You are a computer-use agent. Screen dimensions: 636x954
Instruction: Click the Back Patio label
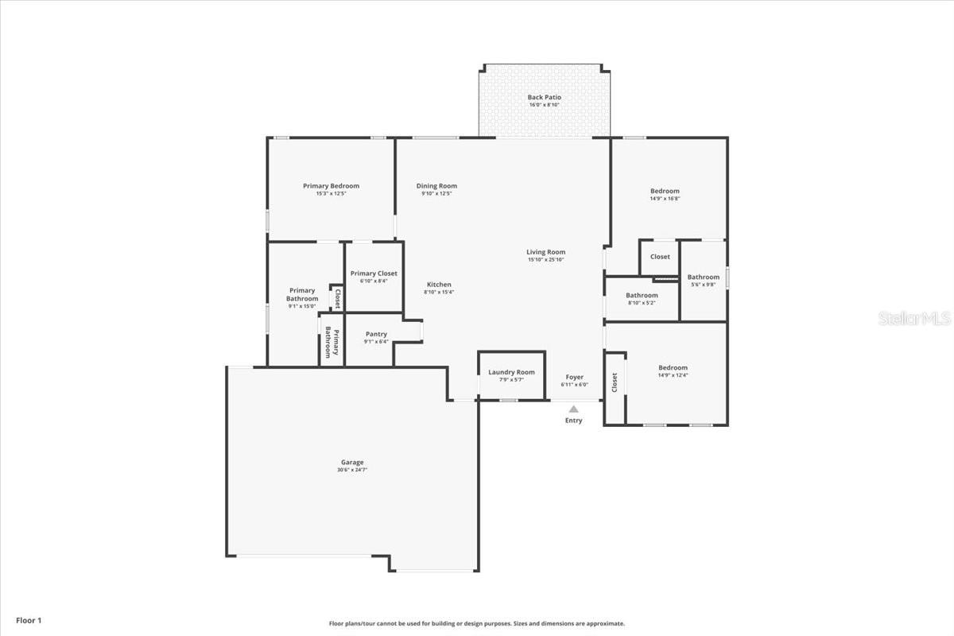pyautogui.click(x=544, y=97)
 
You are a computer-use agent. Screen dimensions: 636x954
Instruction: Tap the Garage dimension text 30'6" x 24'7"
pyautogui.click(x=351, y=470)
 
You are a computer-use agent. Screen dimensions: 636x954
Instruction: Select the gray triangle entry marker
pyautogui.click(x=573, y=409)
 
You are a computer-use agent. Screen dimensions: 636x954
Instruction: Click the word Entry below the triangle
pyautogui.click(x=573, y=421)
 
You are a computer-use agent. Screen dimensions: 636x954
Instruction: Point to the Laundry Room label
pyautogui.click(x=511, y=372)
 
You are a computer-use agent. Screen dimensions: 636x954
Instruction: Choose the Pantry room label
pyautogui.click(x=376, y=334)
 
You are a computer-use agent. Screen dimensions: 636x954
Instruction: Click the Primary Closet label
pyautogui.click(x=374, y=273)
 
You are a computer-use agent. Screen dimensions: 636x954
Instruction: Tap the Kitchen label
pyautogui.click(x=439, y=285)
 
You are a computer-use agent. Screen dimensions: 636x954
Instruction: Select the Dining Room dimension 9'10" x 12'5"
pyautogui.click(x=436, y=193)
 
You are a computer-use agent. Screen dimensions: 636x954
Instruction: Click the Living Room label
pyautogui.click(x=545, y=252)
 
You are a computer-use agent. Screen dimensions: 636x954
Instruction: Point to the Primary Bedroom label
pyautogui.click(x=331, y=186)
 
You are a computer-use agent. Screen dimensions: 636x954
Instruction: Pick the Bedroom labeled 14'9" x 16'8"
pyautogui.click(x=665, y=191)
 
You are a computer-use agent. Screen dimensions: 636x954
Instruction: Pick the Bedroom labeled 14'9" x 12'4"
pyautogui.click(x=673, y=367)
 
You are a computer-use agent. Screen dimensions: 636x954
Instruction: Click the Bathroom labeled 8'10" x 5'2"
pyautogui.click(x=642, y=295)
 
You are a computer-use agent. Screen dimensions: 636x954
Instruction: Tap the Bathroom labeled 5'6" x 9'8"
pyautogui.click(x=703, y=277)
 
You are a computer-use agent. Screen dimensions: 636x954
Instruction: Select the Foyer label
pyautogui.click(x=574, y=377)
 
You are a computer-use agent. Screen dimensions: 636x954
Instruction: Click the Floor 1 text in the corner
pyautogui.click(x=28, y=620)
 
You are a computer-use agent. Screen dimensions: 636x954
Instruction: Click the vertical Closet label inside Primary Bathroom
pyautogui.click(x=337, y=298)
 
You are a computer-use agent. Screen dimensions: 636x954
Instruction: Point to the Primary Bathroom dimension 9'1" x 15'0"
pyautogui.click(x=302, y=306)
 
